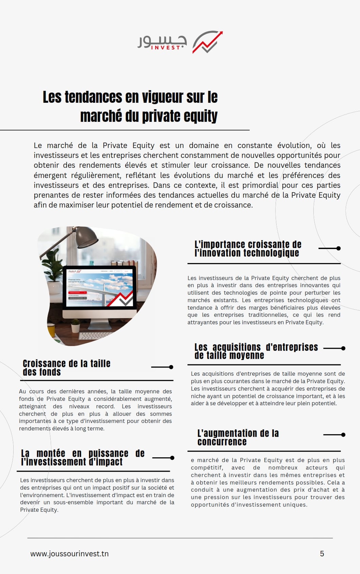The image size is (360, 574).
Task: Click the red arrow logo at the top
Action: [208, 42]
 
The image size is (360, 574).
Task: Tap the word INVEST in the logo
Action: [165, 48]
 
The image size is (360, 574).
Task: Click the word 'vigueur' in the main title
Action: [162, 97]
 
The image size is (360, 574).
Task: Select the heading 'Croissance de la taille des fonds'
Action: [66, 368]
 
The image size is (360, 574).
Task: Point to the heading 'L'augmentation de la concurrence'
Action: [238, 437]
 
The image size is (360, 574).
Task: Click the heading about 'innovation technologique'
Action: [247, 249]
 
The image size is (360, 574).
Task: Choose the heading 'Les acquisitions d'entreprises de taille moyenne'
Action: [256, 351]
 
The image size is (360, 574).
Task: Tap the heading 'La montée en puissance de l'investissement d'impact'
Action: [83, 458]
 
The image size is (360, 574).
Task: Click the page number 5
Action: [322, 554]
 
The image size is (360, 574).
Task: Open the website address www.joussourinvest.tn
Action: [69, 554]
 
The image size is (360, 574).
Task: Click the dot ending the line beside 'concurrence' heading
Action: [343, 434]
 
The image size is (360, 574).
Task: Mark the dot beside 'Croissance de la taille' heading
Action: [171, 367]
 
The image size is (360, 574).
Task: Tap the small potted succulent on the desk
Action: [76, 325]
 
